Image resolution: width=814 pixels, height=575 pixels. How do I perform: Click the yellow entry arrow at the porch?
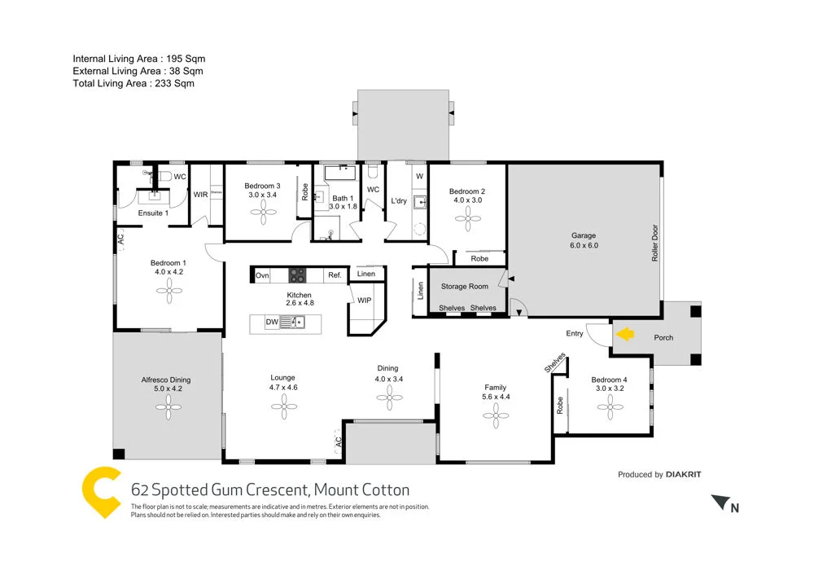tap(625, 333)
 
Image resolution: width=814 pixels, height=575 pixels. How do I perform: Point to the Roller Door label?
tap(654, 243)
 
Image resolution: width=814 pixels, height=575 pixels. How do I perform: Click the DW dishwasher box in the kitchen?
tap(273, 323)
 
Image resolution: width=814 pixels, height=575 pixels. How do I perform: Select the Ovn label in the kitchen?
tap(262, 275)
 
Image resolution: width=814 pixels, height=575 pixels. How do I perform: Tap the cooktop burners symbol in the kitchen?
tap(298, 275)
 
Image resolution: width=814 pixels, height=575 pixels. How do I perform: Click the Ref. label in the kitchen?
tap(335, 275)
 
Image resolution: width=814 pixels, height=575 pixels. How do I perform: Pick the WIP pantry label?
tap(364, 301)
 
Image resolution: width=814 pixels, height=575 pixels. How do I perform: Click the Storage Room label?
tap(464, 287)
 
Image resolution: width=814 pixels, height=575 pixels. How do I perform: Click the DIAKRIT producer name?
tap(683, 474)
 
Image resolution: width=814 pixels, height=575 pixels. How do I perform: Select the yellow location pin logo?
tap(102, 494)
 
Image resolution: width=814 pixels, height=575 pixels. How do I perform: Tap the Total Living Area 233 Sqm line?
tap(133, 83)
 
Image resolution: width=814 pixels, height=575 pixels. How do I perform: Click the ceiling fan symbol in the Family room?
tap(495, 415)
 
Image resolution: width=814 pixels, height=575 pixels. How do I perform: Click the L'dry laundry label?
tap(399, 201)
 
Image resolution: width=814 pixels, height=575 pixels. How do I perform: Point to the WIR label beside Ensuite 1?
tap(200, 195)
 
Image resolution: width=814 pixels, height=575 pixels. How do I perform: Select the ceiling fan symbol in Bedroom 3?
tap(263, 213)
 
